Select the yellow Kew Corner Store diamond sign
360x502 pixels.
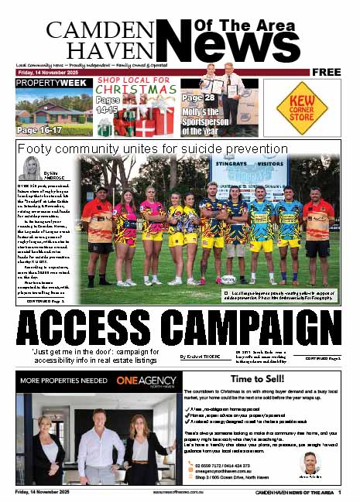pos(302,108)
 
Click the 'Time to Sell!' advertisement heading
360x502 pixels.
pos(308,381)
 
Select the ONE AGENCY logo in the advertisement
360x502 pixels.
pos(138,381)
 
